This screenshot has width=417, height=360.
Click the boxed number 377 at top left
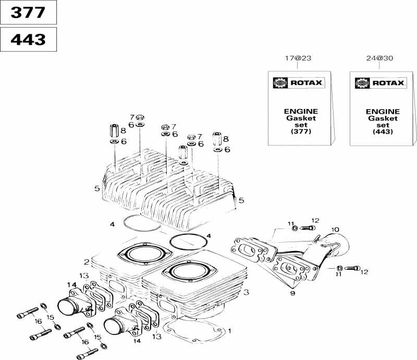(28, 13)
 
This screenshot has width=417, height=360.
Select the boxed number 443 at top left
(28, 39)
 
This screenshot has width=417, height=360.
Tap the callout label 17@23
(297, 59)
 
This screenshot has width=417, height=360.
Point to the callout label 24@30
(379, 59)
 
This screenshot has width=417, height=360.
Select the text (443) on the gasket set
(383, 132)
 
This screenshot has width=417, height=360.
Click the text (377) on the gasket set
(301, 132)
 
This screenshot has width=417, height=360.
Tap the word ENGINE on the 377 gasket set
(301, 112)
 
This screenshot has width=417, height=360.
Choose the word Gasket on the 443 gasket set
(383, 118)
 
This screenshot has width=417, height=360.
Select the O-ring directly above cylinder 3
(188, 242)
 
